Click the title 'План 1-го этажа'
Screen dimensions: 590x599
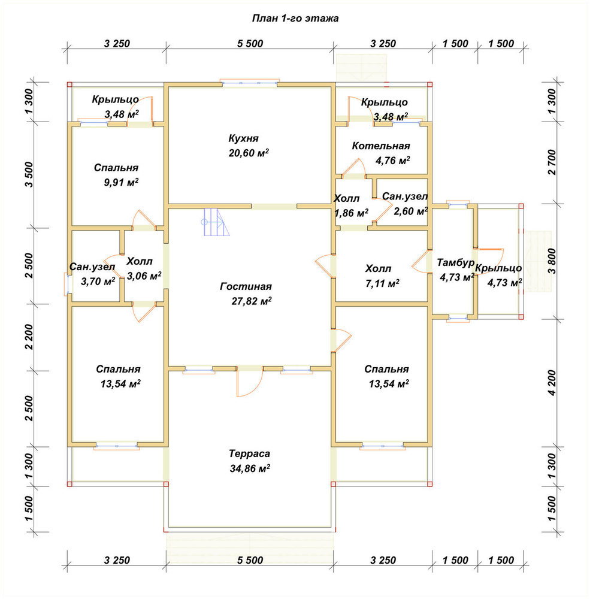(295, 19)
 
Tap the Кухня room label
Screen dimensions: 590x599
(243, 138)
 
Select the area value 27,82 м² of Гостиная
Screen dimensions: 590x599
(252, 301)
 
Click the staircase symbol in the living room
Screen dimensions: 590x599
(216, 222)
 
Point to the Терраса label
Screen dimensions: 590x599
(250, 454)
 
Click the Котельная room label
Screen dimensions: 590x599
(381, 146)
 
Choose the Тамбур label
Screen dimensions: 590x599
(455, 263)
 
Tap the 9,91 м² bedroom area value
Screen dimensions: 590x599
(121, 182)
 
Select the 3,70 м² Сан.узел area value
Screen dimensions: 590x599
(98, 281)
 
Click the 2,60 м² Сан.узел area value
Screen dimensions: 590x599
(411, 211)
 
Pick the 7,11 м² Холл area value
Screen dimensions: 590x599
(383, 283)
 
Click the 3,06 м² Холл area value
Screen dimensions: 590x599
(144, 276)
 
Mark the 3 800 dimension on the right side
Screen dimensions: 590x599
(552, 262)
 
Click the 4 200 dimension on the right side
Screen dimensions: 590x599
(552, 382)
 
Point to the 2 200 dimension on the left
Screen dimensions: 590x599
(29, 337)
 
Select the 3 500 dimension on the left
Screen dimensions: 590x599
(29, 174)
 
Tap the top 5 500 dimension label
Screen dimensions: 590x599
(250, 44)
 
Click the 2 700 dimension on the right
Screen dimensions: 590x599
(552, 162)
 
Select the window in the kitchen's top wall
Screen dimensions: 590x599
(250, 83)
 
